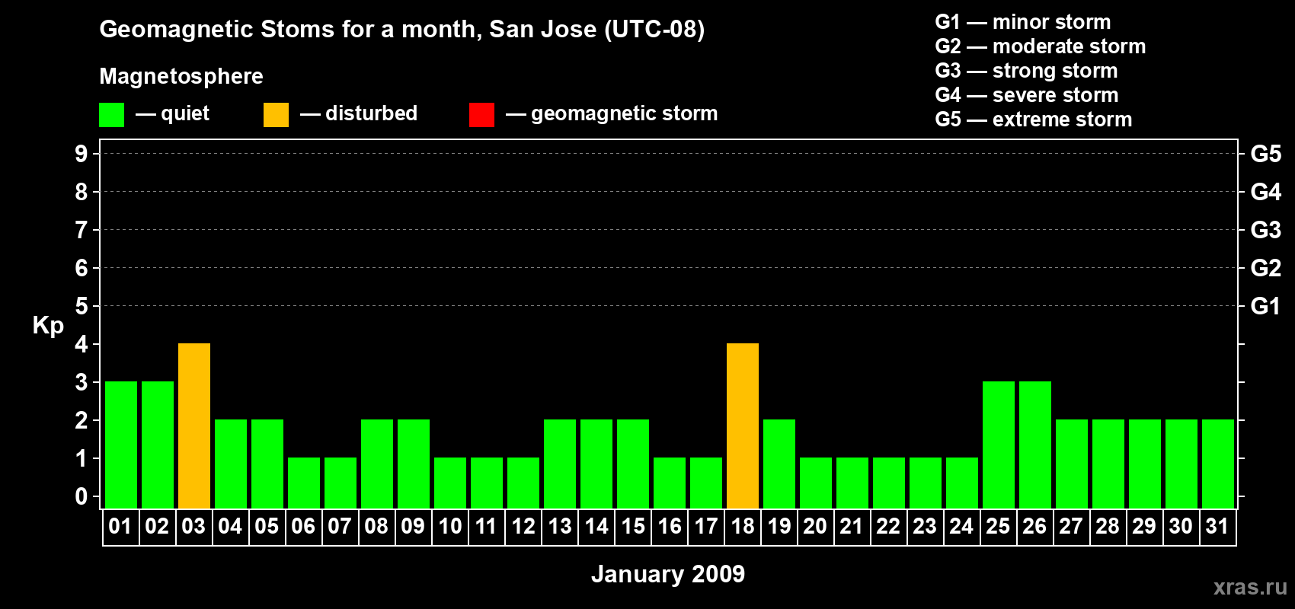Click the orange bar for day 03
pos(194,426)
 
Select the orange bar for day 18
pos(743,426)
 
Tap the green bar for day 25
pos(999,445)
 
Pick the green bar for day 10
pos(450,483)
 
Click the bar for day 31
pos(1218,464)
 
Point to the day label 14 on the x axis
pos(596,526)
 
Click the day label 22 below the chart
pos(888,526)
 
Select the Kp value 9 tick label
pos(81,154)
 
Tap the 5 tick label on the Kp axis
pos(81,306)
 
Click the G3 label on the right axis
pos(1265,230)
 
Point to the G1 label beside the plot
pos(1265,306)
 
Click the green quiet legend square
pos(111,114)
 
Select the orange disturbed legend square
pos(276,114)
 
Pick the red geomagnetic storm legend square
pos(481,114)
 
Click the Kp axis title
pos(48,326)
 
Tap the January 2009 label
pos(668,574)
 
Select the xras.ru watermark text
pos(1250,587)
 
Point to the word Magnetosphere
pos(181,76)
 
